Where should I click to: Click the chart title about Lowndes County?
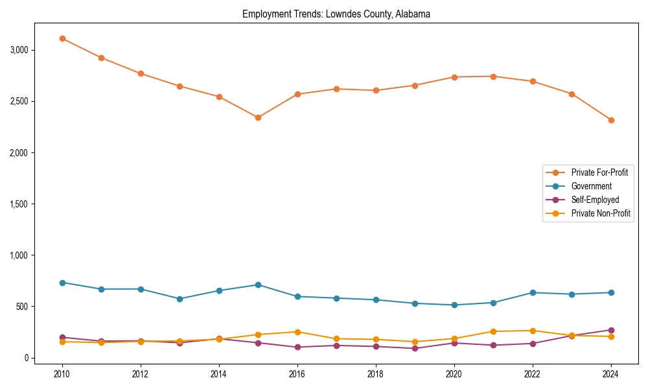click(x=336, y=14)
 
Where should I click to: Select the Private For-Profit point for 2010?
click(x=62, y=38)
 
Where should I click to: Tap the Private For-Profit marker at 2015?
click(x=258, y=117)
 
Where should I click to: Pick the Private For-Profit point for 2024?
click(x=611, y=120)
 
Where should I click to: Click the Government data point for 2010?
click(x=62, y=283)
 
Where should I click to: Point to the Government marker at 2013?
click(x=179, y=299)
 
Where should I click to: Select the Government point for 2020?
click(x=454, y=305)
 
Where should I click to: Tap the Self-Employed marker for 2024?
click(x=611, y=330)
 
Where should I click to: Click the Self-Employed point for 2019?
click(x=415, y=348)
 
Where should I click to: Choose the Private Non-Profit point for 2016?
click(x=297, y=332)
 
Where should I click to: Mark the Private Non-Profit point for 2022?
click(x=533, y=331)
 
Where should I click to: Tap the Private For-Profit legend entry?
click(x=599, y=172)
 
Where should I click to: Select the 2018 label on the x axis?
click(x=376, y=374)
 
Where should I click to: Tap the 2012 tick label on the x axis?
click(x=141, y=374)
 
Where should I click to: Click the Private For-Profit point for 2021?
click(x=493, y=77)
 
